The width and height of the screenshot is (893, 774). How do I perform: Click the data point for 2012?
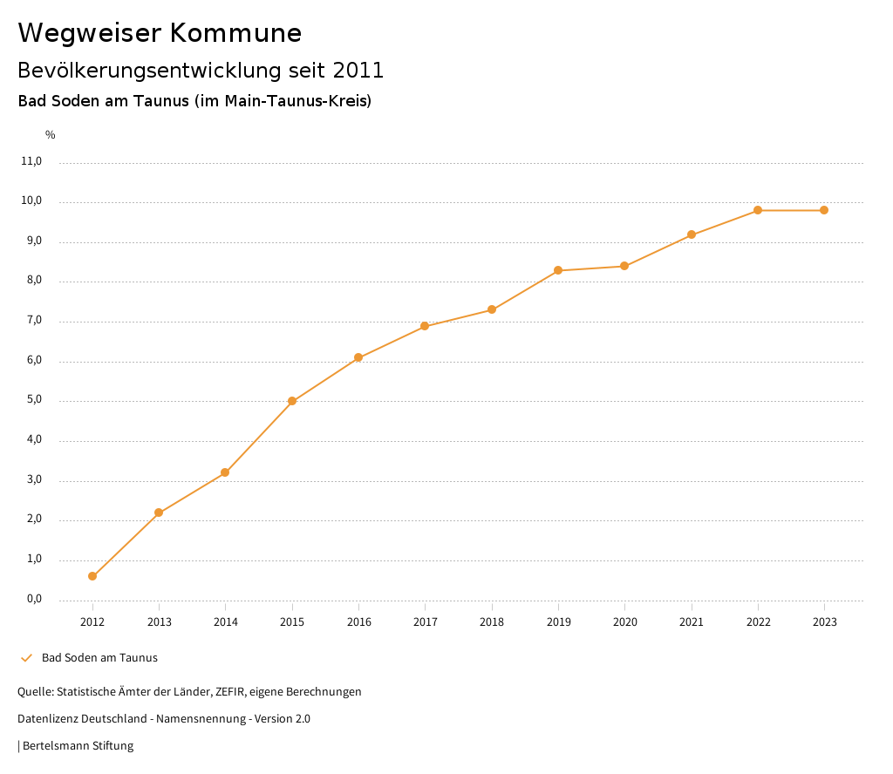[x=92, y=576]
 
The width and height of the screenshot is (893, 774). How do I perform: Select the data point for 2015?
[x=292, y=402]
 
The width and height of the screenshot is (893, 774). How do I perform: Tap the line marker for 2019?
[x=558, y=270]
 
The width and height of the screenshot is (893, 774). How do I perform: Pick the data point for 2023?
[x=824, y=210]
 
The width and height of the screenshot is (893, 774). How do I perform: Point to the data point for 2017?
[x=425, y=326]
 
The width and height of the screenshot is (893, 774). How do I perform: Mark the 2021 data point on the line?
[x=692, y=234]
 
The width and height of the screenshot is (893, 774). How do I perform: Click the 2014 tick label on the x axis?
[x=226, y=622]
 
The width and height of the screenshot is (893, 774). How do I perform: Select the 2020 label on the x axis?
[x=625, y=622]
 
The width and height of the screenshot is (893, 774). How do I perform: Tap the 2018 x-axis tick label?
[x=492, y=622]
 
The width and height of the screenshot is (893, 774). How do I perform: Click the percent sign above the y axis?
[x=51, y=135]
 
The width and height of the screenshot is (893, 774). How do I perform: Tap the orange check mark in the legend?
[x=26, y=658]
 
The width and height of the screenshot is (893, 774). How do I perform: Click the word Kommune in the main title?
[x=235, y=33]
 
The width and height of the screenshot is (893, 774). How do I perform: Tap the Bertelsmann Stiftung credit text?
[x=78, y=746]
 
